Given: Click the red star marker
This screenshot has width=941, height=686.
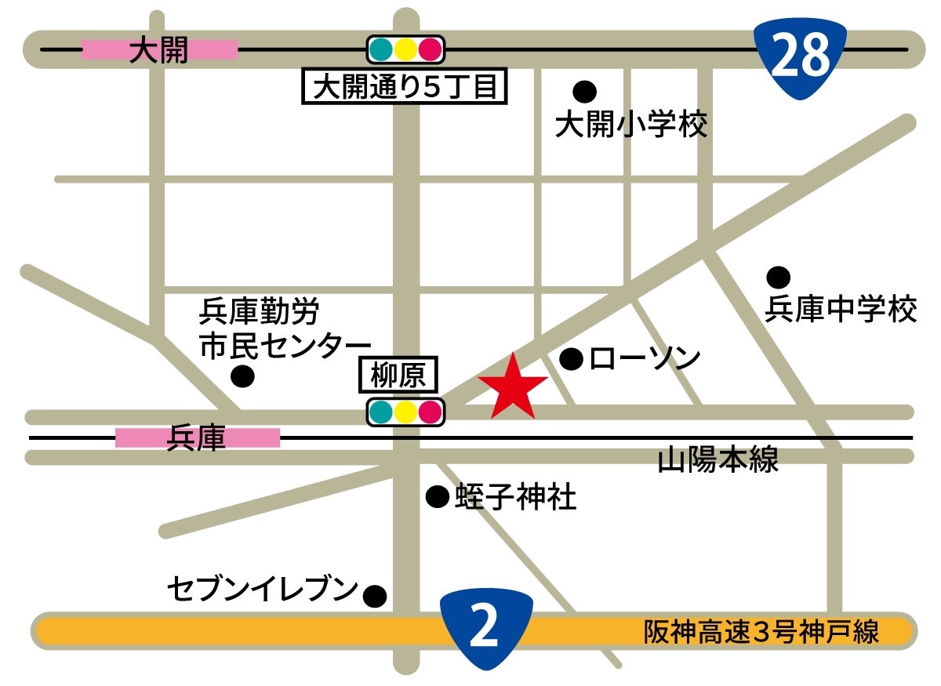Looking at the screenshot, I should coord(513,387).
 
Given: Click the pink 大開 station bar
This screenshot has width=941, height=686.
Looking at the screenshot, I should coord(160,50).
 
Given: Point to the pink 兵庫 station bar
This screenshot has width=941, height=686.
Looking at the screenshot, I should coord(198,437).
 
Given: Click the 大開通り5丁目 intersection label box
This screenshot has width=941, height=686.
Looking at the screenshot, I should coord(405,87).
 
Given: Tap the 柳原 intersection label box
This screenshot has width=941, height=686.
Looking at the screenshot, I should coord(398,376).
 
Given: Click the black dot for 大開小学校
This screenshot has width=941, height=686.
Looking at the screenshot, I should coord(583,92).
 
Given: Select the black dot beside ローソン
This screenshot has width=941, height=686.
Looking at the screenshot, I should coord(572,360).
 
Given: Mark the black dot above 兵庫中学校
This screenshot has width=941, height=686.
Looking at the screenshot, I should coord(778,277).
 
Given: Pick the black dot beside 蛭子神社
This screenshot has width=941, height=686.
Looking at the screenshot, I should coord(437,496).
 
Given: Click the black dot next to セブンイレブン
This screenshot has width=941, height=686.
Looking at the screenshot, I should coord(376,596).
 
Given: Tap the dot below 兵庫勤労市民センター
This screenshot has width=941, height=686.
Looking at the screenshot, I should coord(243,376).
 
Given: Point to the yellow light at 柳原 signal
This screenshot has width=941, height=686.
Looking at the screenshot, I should coord(405,412).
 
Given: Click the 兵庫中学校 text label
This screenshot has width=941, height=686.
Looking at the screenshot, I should coord(840,310).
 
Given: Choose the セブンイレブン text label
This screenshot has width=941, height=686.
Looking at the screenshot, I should coord(263,590).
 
